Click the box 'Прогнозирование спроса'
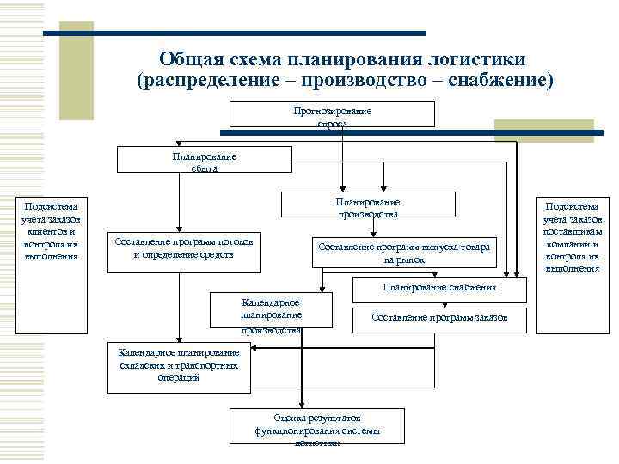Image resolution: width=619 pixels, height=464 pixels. point(332,114)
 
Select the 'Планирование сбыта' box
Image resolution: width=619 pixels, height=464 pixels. point(204,160)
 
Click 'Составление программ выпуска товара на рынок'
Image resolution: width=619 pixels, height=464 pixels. point(403,253)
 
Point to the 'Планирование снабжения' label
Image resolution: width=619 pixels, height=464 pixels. point(439,287)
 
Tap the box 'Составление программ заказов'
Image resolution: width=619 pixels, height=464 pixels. point(439,318)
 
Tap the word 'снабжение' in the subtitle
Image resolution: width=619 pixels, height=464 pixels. point(499,81)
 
